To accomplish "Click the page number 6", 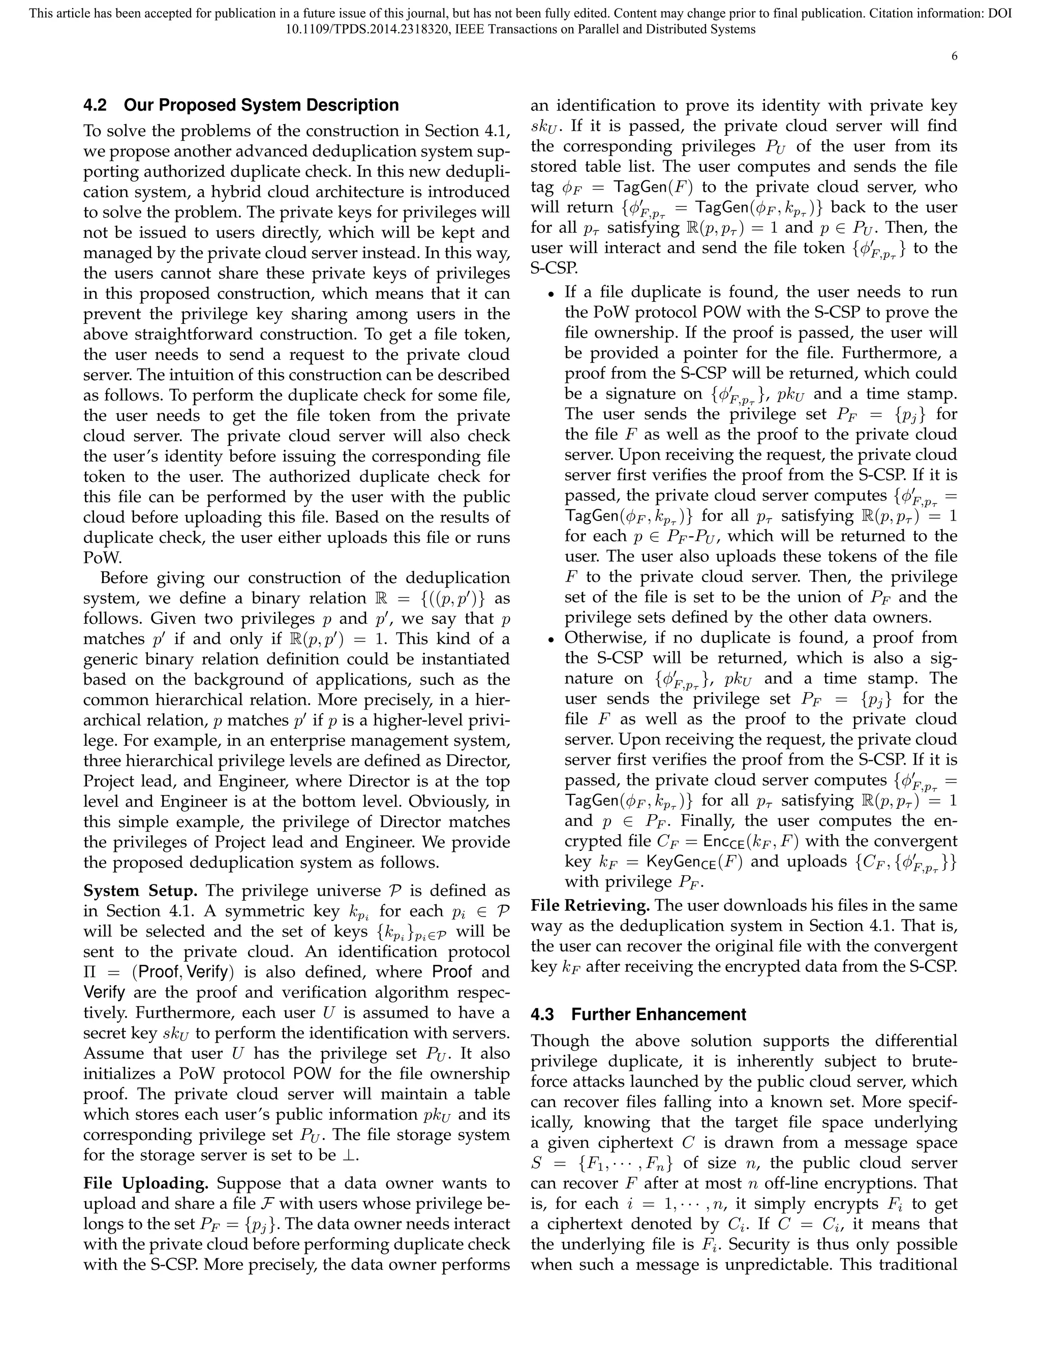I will (x=954, y=57).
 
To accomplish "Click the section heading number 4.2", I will (x=95, y=105).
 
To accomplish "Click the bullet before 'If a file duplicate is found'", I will (x=552, y=293).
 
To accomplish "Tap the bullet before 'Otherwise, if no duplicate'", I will (x=552, y=639).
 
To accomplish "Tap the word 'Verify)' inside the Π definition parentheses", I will (x=210, y=972).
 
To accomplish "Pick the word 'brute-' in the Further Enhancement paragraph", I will (x=935, y=1061).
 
